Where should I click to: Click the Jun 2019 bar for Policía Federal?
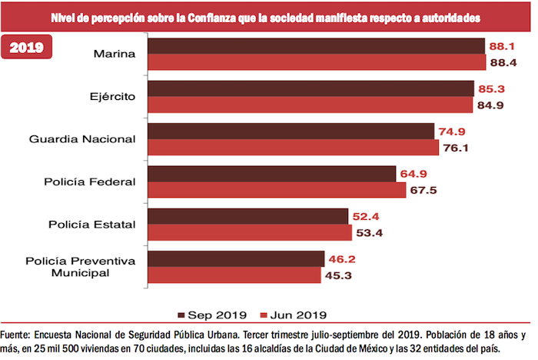(274, 190)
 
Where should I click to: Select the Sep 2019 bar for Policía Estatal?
(247, 216)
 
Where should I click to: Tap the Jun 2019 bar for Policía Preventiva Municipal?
(234, 275)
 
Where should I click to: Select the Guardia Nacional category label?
(82, 139)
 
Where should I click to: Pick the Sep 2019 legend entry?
(211, 314)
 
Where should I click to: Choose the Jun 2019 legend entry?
(294, 314)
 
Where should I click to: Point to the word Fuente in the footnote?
(17, 335)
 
